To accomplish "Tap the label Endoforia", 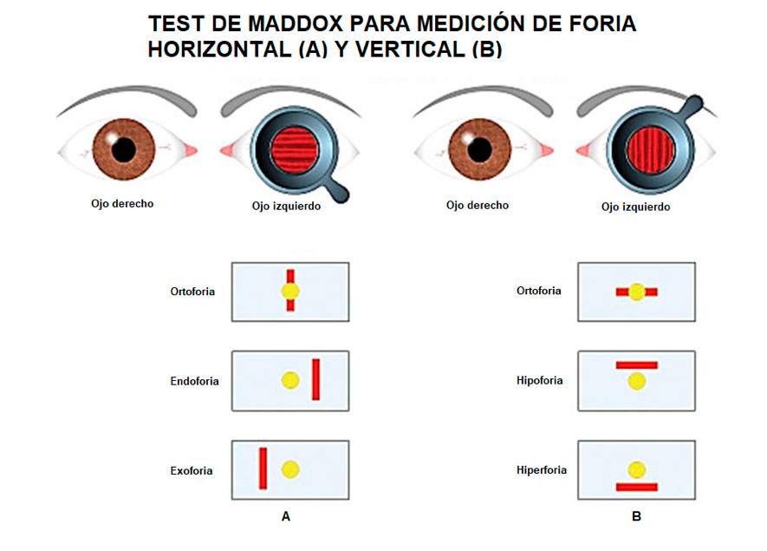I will pos(195,381).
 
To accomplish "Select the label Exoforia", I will pos(192,471).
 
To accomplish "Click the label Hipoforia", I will pos(540,381).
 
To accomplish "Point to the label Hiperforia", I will pos(542,470).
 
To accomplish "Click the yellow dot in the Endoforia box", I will pos(290,380).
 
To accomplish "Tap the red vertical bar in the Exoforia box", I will pos(263,469).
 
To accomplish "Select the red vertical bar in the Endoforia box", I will pos(316,380).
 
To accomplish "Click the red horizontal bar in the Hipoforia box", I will pos(637,364).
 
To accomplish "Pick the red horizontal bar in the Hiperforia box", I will pos(637,488).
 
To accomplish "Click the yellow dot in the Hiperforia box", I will pos(637,469).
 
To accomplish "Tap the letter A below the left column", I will pos(286,516).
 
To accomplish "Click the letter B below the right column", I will pos(637,516).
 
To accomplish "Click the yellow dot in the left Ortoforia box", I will pos(290,292).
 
